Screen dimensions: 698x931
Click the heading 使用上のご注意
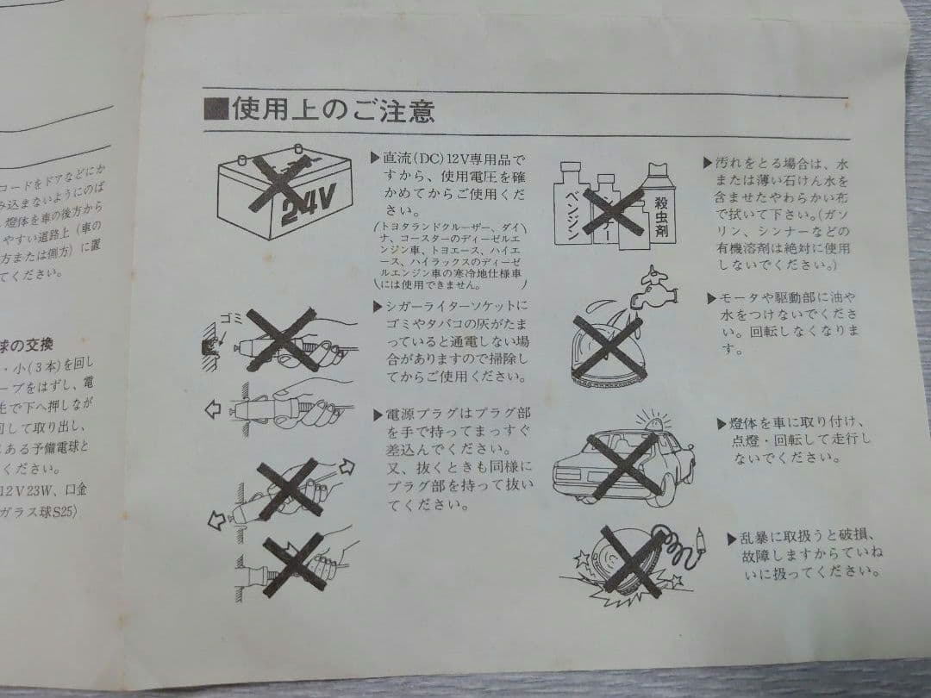tap(332, 111)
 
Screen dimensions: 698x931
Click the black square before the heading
tap(216, 110)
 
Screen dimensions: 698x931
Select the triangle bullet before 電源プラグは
tap(376, 415)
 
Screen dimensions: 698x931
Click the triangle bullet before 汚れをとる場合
tap(707, 162)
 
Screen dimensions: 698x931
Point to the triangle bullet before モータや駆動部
tap(712, 298)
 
